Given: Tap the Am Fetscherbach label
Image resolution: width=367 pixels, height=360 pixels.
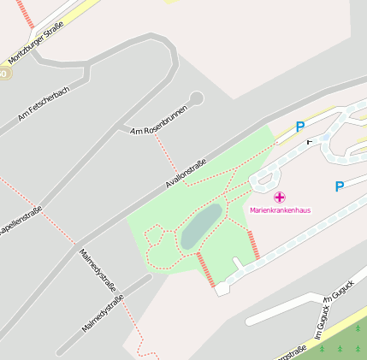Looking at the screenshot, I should (43, 103).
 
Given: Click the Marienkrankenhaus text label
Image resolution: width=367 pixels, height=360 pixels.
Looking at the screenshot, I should (280, 210).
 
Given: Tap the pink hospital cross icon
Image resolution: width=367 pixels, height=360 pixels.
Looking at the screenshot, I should (280, 197).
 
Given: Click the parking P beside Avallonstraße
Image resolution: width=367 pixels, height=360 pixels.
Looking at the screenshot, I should (300, 127).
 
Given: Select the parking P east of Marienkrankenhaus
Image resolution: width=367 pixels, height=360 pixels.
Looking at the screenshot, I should (340, 186).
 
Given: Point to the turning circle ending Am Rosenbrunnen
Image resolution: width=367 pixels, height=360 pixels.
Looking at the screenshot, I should (196, 98).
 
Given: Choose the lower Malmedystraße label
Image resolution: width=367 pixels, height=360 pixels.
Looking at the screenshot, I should (103, 313).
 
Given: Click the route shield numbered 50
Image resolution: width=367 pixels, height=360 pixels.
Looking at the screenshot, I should (3, 74).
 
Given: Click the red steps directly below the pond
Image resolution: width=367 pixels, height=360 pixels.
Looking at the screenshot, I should (206, 269).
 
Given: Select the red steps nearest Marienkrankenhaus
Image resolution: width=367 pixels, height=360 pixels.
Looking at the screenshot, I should (252, 245).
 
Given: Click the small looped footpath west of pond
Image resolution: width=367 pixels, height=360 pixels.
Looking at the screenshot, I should (157, 237).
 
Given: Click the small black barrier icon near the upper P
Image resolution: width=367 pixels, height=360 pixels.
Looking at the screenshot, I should (309, 141).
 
